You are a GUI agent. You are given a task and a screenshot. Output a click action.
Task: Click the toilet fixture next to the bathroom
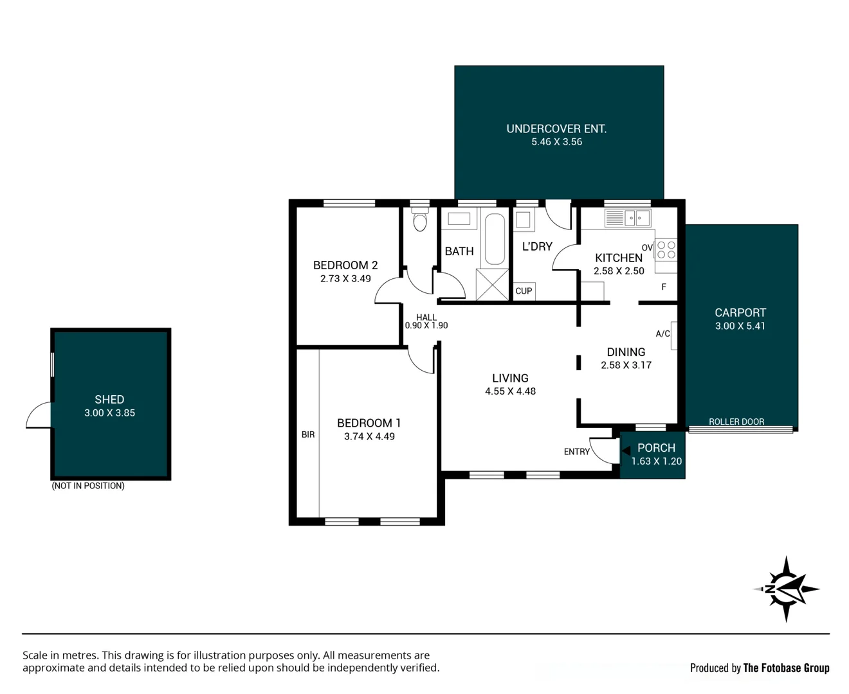coord(420,219)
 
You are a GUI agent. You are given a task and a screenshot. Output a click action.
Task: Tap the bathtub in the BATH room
coord(495,239)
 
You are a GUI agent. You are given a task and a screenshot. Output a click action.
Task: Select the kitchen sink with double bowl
coord(628,218)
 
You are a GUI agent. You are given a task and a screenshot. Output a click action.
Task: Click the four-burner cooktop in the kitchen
coord(666,249)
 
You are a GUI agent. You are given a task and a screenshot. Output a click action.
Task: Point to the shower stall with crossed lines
coord(492,285)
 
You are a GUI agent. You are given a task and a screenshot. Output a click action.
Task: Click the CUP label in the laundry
coord(524,291)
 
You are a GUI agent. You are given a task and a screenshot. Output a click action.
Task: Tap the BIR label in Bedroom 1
coord(308,434)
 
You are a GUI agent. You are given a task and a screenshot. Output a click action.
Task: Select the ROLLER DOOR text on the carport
coord(736,422)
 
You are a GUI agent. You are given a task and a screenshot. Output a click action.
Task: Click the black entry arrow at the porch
coord(626,450)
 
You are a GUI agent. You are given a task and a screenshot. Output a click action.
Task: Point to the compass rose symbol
coord(786,589)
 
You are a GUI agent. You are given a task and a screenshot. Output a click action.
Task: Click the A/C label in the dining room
coord(663,334)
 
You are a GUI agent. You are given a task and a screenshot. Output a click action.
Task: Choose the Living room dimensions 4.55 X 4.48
coord(510,391)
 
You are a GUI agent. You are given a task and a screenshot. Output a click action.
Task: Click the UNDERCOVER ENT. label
coord(556,129)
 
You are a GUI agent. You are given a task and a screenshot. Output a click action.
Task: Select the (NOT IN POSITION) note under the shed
coord(88,486)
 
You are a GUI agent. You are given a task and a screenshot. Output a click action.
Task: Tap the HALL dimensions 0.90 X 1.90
coord(426,326)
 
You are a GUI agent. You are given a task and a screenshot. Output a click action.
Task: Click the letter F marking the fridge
coord(664,287)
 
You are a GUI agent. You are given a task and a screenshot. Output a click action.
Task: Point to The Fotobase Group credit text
coord(786,668)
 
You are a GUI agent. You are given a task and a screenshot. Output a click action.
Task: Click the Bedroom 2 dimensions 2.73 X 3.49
coord(345,278)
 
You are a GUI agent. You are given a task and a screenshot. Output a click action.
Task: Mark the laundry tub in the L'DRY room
coord(524,220)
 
